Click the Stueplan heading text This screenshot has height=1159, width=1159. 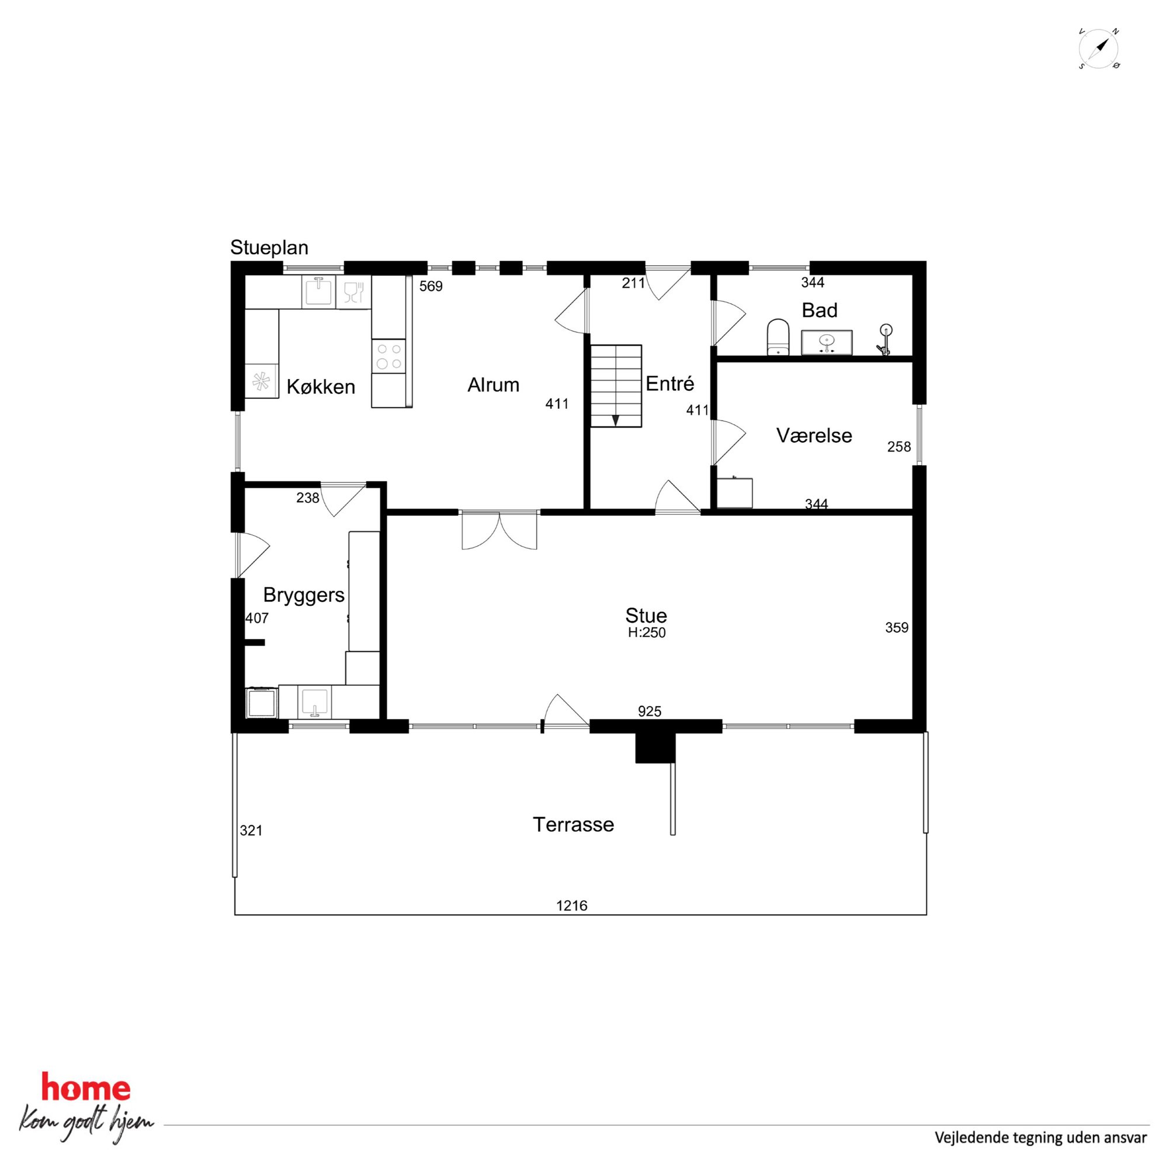point(269,248)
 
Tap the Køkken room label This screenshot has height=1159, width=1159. point(321,387)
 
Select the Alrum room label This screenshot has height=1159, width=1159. point(493,385)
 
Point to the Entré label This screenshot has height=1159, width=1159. point(670,383)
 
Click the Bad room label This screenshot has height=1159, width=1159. point(820,310)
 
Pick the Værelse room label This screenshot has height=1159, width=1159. point(814,436)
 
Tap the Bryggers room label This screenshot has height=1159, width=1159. point(304,595)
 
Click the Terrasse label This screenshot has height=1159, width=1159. point(574,824)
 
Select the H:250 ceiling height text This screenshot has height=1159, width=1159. point(647,633)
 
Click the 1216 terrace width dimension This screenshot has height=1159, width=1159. point(572,905)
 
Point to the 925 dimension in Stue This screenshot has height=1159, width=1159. point(650,712)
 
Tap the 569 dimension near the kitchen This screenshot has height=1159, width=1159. point(431,286)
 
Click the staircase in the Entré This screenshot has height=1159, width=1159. point(616,386)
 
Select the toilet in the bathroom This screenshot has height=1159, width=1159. point(778,337)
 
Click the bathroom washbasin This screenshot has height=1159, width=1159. point(827,342)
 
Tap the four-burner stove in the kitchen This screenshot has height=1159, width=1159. point(388,356)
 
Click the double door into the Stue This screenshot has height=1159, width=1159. point(499,530)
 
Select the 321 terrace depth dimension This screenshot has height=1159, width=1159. point(251,830)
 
